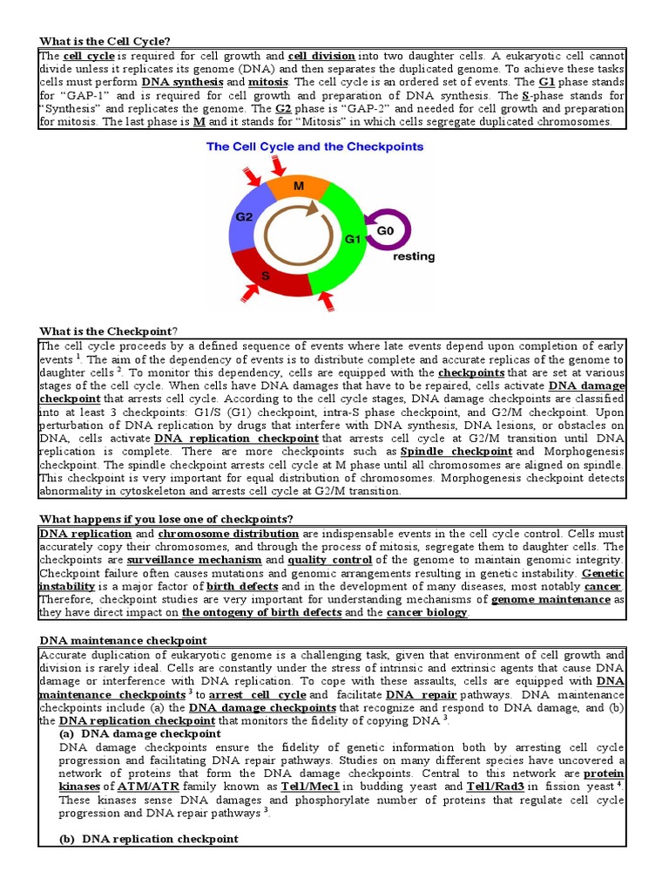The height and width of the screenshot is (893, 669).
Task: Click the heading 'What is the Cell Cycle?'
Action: (105, 41)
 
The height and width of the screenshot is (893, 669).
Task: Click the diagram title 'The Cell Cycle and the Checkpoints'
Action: (314, 147)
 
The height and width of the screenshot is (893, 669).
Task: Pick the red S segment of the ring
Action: (267, 275)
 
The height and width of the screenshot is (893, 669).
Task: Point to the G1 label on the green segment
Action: (352, 238)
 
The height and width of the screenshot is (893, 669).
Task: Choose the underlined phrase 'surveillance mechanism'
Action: (194, 559)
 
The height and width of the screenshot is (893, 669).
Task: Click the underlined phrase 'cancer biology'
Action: (427, 613)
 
